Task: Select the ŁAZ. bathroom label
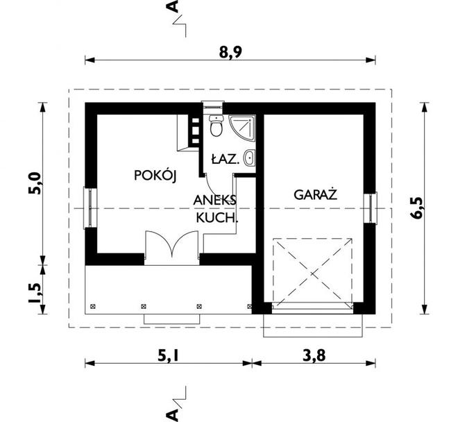point(226,160)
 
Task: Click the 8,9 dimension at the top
point(228,51)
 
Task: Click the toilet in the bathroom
point(216,127)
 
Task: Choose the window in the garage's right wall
point(372,207)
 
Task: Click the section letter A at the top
point(173,8)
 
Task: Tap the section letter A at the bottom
point(173,414)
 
